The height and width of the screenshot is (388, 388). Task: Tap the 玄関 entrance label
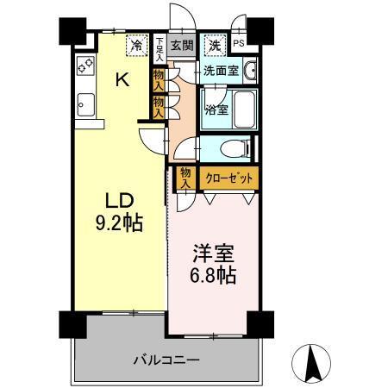pyautogui.click(x=179, y=46)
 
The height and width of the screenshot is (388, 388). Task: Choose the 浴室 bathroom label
pyautogui.click(x=216, y=110)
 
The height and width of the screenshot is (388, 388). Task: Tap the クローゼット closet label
pyautogui.click(x=228, y=178)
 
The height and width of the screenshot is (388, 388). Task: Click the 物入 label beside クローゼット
pyautogui.click(x=185, y=178)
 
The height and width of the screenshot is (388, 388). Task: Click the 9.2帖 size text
pyautogui.click(x=119, y=222)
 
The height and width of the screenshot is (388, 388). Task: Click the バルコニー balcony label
pyautogui.click(x=166, y=359)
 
